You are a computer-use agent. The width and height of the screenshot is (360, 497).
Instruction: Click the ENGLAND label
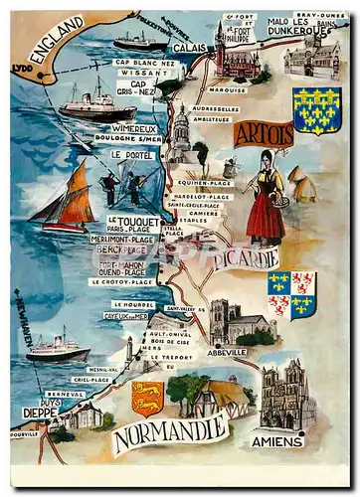(57, 41)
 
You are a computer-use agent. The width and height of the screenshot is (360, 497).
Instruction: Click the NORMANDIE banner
(170, 433)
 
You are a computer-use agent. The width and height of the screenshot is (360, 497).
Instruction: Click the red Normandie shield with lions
(147, 396)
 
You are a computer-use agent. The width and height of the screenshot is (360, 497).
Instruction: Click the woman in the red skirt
(265, 199)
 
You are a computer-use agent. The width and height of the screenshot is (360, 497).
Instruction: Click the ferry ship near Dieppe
(58, 346)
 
